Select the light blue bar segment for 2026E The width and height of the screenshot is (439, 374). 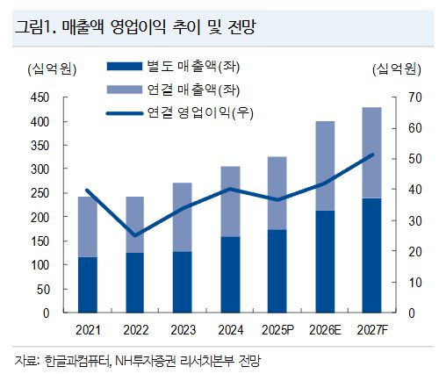[324, 166]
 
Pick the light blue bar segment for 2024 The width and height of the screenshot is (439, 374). [229, 201]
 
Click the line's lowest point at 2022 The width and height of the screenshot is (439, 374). [134, 235]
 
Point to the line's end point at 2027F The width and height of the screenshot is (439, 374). [372, 155]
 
